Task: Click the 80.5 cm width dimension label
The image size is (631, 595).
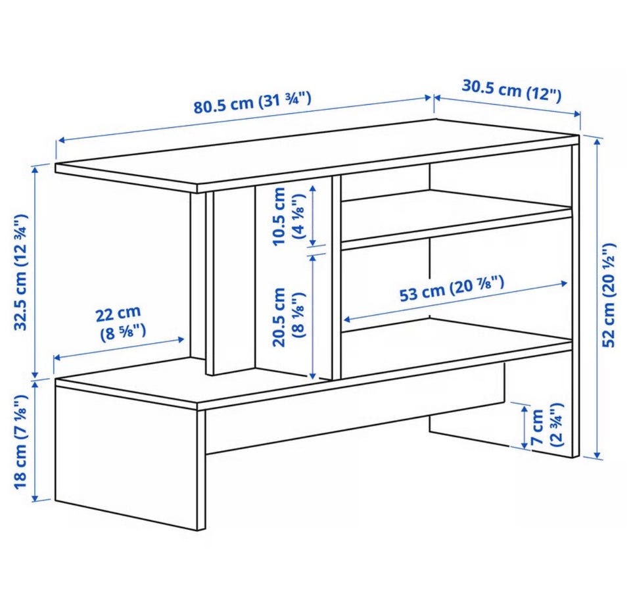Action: [252, 103]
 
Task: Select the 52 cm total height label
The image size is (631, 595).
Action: [609, 295]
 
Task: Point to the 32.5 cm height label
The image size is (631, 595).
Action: [21, 272]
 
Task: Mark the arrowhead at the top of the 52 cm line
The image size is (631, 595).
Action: [598, 141]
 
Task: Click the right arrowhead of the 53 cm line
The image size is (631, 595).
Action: [563, 284]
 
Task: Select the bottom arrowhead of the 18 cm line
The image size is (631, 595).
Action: [35, 497]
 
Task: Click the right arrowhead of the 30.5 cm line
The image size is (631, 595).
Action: [576, 114]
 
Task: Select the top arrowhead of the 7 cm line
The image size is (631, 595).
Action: [524, 410]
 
